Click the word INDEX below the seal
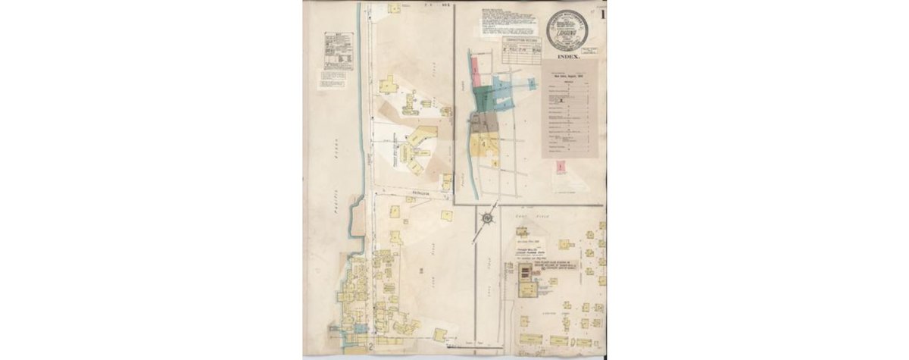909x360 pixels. click(x=568, y=56)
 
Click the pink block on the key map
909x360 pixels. click(x=476, y=72)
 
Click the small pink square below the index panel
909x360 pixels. click(x=561, y=164)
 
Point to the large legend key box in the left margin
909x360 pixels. click(x=339, y=52)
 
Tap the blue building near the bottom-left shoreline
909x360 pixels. click(x=358, y=329)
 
